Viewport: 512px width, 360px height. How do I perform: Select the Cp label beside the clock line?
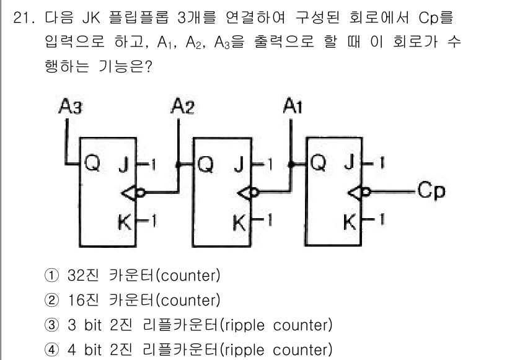coord(431,190)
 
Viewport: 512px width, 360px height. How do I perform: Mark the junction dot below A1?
coord(291,164)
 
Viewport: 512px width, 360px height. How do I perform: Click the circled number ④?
coord(53,350)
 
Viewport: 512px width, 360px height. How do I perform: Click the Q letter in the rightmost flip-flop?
coord(319,164)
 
